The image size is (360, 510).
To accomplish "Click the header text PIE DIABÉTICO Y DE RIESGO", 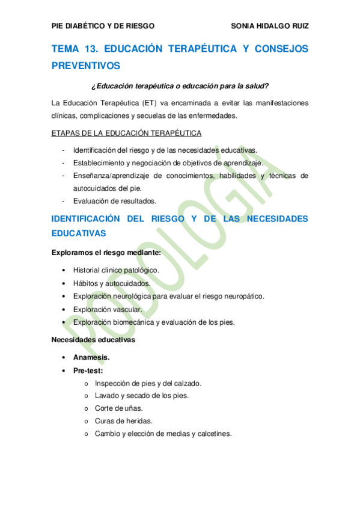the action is pyautogui.click(x=103, y=26).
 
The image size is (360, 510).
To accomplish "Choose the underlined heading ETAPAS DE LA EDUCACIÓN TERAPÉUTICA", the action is pyautogui.click(x=127, y=132).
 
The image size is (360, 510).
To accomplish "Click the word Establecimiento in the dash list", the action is pyautogui.click(x=99, y=162).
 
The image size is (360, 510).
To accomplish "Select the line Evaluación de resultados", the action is pyautogui.click(x=114, y=201).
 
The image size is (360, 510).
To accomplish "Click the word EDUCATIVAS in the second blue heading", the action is pyautogui.click(x=79, y=233).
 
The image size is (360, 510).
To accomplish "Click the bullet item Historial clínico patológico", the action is pyautogui.click(x=116, y=270).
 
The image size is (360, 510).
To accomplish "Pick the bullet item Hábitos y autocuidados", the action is pyautogui.click(x=112, y=283).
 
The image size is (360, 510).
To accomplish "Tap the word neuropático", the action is pyautogui.click(x=242, y=296).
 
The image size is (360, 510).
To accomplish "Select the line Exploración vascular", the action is pyautogui.click(x=108, y=309).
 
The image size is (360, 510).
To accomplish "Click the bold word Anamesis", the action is pyautogui.click(x=91, y=357).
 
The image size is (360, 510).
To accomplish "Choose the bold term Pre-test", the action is pyautogui.click(x=88, y=370).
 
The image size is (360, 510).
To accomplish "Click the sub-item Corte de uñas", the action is pyautogui.click(x=119, y=408).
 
